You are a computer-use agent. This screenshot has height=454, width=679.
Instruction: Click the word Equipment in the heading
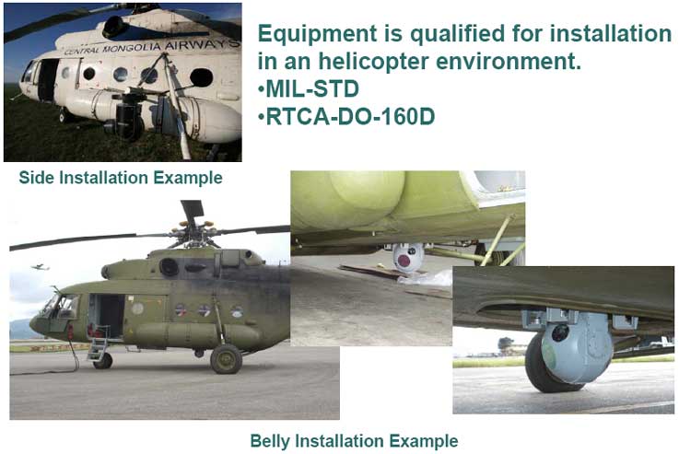coord(318,35)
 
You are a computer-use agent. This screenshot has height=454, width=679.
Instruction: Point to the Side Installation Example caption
coord(121,178)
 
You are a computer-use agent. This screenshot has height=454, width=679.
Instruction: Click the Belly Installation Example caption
coord(354,441)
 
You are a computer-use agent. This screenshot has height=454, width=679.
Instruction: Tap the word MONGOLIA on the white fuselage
coord(131,47)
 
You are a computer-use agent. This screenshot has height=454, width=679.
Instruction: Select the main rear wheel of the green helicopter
coord(226,359)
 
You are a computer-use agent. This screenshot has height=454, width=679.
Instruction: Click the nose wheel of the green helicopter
coord(103,360)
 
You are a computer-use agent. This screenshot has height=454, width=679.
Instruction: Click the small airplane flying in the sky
coord(41,267)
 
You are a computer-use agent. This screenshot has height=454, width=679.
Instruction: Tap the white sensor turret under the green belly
coord(408,257)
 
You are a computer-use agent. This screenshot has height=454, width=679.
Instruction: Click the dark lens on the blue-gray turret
coord(559,332)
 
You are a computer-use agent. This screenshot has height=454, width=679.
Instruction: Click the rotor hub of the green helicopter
coord(193,234)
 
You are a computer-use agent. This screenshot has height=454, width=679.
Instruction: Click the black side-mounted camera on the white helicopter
coord(130,116)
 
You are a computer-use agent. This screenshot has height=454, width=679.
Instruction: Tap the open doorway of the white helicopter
coord(48,80)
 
